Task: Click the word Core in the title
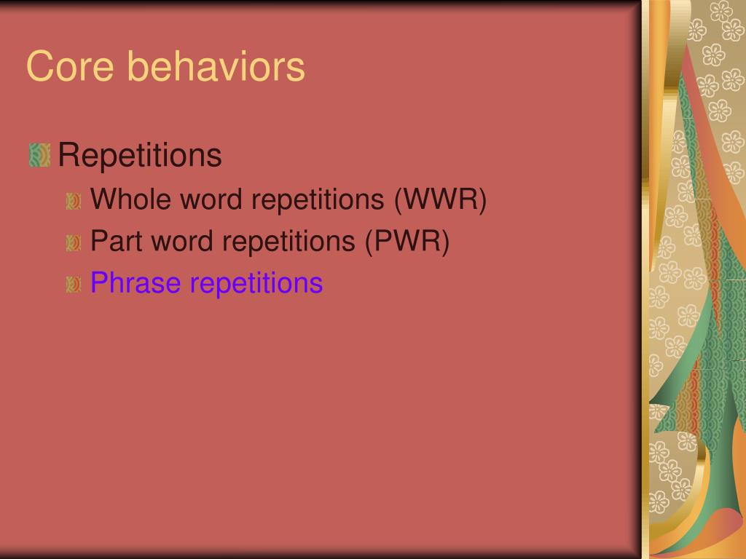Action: tap(70, 66)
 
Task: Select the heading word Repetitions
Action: tap(140, 155)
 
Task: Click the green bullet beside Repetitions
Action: tap(39, 155)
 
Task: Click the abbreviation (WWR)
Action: tap(440, 199)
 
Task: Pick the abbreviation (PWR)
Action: tap(407, 242)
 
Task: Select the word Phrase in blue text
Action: tap(136, 283)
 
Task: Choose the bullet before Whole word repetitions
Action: tap(74, 201)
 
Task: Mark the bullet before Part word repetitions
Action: tap(74, 243)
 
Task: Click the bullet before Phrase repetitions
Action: tap(74, 285)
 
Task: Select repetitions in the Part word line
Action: tap(288, 242)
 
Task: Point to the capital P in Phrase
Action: tap(98, 282)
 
